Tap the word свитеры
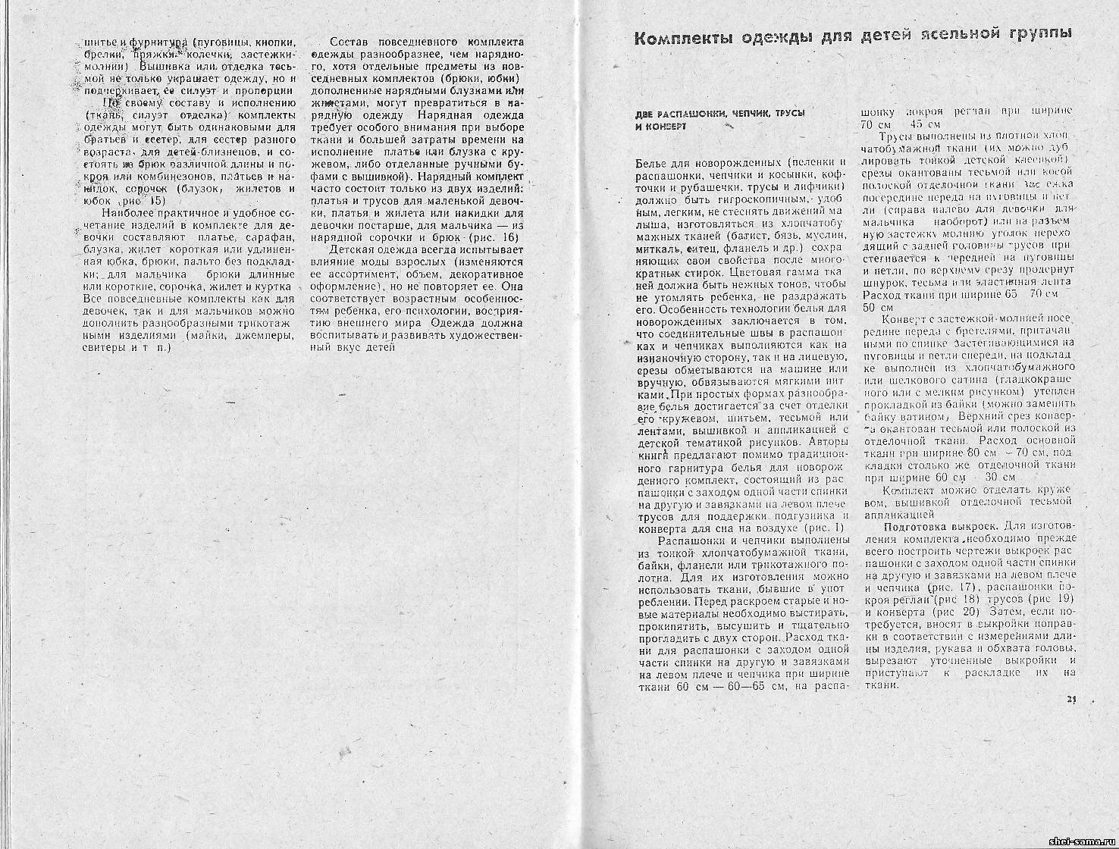[x=101, y=348]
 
